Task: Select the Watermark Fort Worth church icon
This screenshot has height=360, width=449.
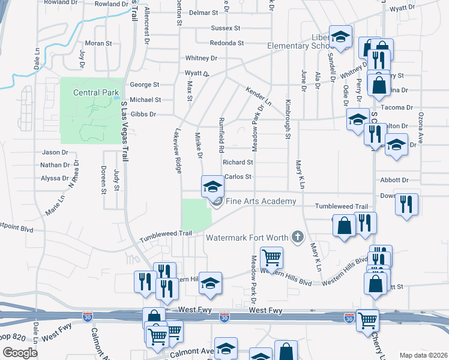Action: click(x=297, y=237)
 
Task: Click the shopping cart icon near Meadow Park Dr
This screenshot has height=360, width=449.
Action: click(x=271, y=258)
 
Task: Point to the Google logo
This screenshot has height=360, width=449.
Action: click(x=20, y=353)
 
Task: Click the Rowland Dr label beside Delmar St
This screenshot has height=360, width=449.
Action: click(x=112, y=4)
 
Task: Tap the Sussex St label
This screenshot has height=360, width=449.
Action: click(x=225, y=28)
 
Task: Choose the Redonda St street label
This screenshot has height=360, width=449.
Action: click(x=226, y=43)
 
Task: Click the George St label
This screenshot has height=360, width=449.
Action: click(x=145, y=85)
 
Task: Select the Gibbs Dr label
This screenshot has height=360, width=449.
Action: click(x=144, y=114)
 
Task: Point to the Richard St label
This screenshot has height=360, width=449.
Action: click(x=238, y=162)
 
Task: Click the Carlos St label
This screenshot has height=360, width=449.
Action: click(x=237, y=177)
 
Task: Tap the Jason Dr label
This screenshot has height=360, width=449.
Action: click(x=55, y=152)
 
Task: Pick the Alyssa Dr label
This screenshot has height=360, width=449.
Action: click(x=55, y=178)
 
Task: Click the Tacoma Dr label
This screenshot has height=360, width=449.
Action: click(x=402, y=107)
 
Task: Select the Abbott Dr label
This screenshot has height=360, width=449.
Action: click(x=394, y=180)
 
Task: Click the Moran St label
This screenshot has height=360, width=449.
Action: click(x=98, y=43)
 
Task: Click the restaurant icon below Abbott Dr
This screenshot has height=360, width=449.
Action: click(x=407, y=204)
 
